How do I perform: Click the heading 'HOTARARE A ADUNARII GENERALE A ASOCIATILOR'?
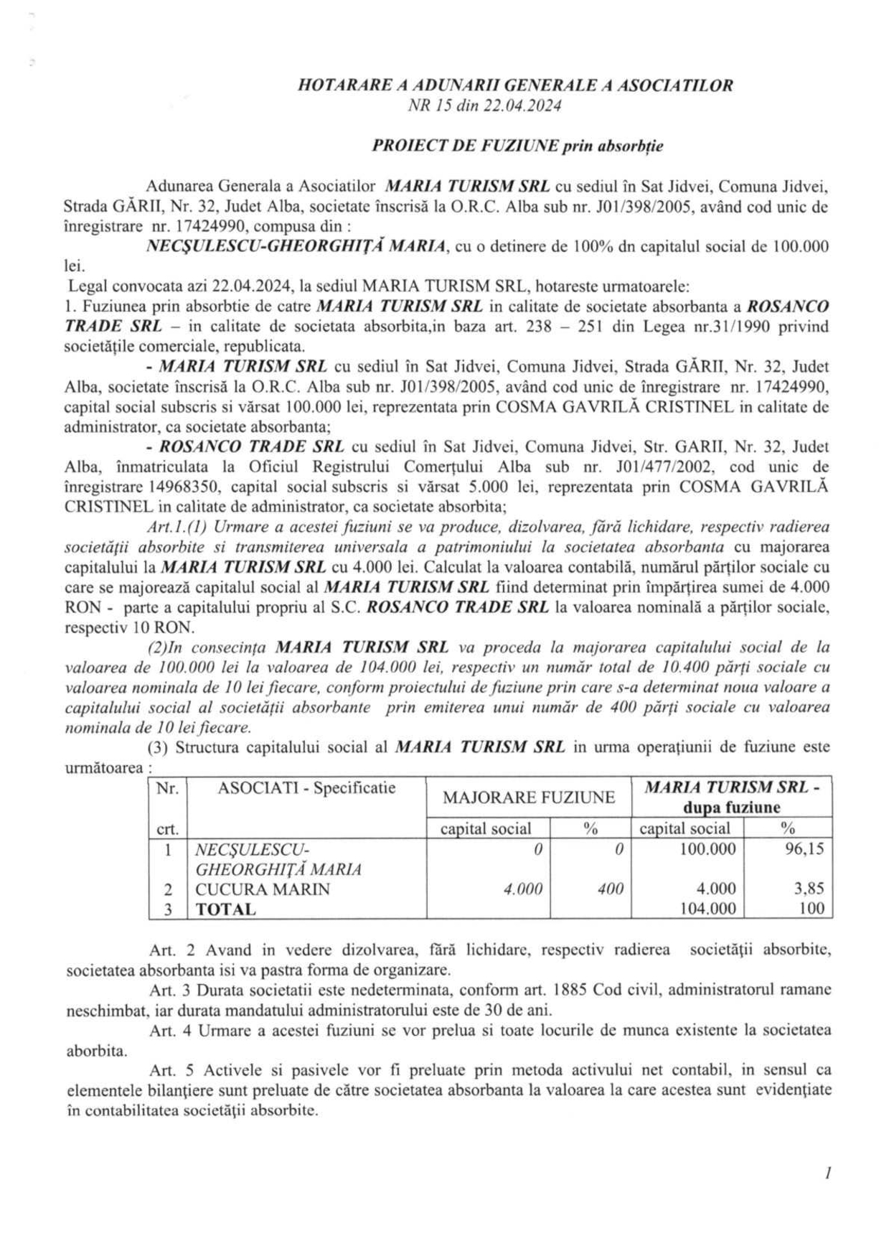[x=515, y=86]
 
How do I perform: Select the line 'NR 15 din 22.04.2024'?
[x=484, y=106]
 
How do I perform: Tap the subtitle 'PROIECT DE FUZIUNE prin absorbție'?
[x=517, y=146]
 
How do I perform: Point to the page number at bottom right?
[x=828, y=1174]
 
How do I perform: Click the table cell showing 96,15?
[x=804, y=849]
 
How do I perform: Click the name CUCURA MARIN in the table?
[x=263, y=889]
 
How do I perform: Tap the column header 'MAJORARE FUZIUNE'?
[x=529, y=797]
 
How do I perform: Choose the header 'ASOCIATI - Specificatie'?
[x=306, y=788]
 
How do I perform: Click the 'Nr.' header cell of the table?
[x=167, y=788]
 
